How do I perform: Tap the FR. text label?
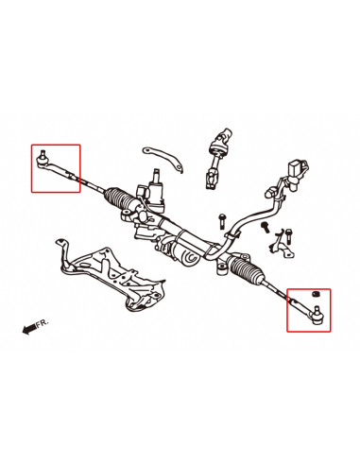click(42, 323)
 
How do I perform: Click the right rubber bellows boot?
click(249, 275)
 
